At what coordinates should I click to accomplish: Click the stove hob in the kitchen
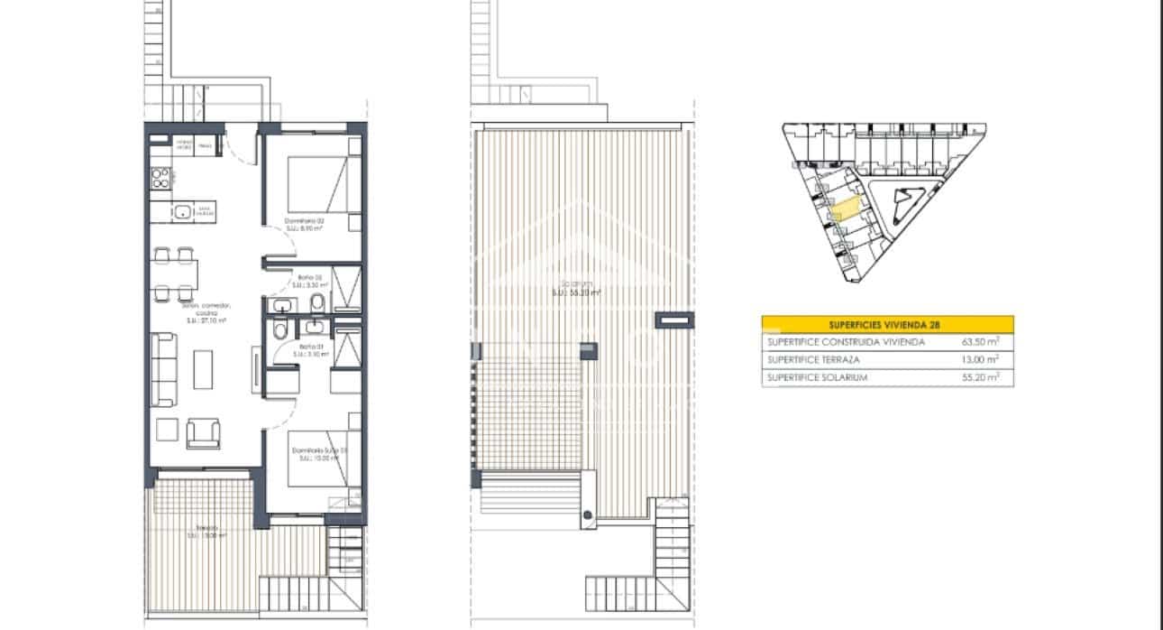pos(160,177)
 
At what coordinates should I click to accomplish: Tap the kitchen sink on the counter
pos(182,213)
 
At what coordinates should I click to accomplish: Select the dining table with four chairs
pos(172,273)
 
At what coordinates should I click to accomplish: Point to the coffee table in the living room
pos(204,369)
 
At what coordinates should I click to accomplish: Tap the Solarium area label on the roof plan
pos(577,287)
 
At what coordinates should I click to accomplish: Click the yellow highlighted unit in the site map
pos(844,208)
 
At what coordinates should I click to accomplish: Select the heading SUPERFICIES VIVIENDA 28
pos(887,325)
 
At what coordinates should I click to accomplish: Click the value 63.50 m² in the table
pos(982,343)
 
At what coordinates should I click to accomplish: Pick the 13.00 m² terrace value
pos(982,360)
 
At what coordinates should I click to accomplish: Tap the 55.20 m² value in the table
pos(982,377)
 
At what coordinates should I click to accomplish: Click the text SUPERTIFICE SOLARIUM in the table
pos(817,377)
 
